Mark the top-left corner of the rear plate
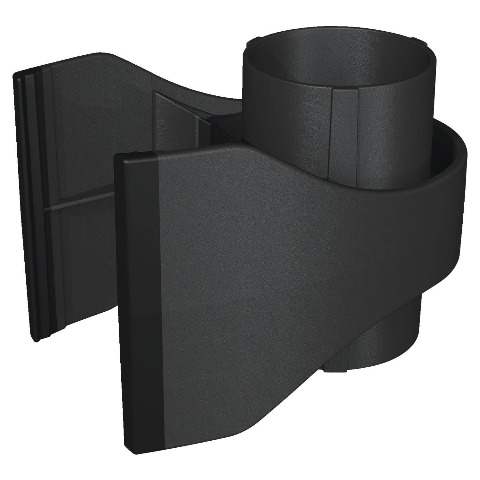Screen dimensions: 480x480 [14, 74]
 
